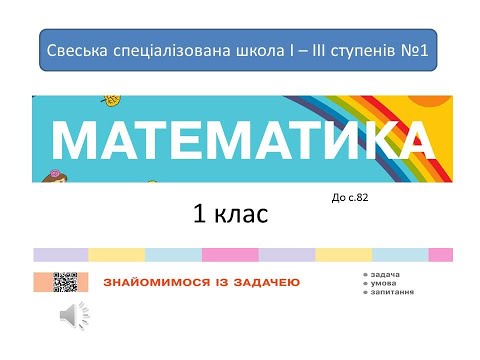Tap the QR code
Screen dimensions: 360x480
point(65,281)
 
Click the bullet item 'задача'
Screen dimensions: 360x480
point(385,273)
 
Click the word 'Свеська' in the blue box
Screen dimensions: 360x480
point(78,50)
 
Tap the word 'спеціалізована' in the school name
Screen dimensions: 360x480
point(163,50)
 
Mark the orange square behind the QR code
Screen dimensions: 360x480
point(48,281)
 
